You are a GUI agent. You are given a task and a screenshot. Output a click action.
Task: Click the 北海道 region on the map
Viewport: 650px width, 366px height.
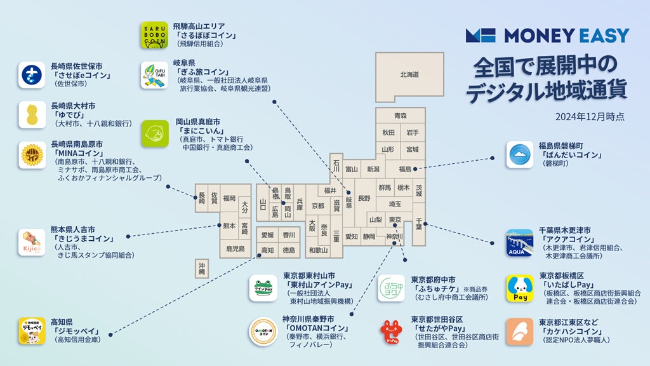coord(409,75)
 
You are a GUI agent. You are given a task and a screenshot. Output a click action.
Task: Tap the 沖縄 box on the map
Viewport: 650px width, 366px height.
coord(202,268)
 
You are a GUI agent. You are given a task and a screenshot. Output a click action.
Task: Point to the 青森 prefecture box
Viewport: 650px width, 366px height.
coord(400,116)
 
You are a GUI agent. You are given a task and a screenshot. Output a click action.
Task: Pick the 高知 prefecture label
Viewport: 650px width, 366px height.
coord(267,250)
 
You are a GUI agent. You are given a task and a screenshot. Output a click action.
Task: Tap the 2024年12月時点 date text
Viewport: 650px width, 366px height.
coord(590,117)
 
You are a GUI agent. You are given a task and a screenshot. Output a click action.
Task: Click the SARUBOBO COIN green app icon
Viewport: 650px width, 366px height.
coord(154,36)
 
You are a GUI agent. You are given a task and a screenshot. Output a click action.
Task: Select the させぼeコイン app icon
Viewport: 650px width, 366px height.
coord(32,75)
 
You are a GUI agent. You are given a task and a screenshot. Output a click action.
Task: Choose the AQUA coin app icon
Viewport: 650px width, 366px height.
coord(519,243)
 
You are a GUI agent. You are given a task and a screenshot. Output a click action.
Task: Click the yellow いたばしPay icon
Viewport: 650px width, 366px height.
coord(519,288)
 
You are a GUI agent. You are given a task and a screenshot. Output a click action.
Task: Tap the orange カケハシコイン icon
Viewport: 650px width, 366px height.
coord(519,332)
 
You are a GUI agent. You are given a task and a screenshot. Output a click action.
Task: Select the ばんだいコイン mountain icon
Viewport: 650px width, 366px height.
coord(519,154)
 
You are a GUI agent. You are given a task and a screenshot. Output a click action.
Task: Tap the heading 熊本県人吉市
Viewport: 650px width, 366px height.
coord(77,229)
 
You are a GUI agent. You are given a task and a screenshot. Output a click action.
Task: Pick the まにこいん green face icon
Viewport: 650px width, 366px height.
coord(154,134)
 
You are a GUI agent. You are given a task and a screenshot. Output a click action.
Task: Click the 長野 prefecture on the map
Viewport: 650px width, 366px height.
coord(364,198)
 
